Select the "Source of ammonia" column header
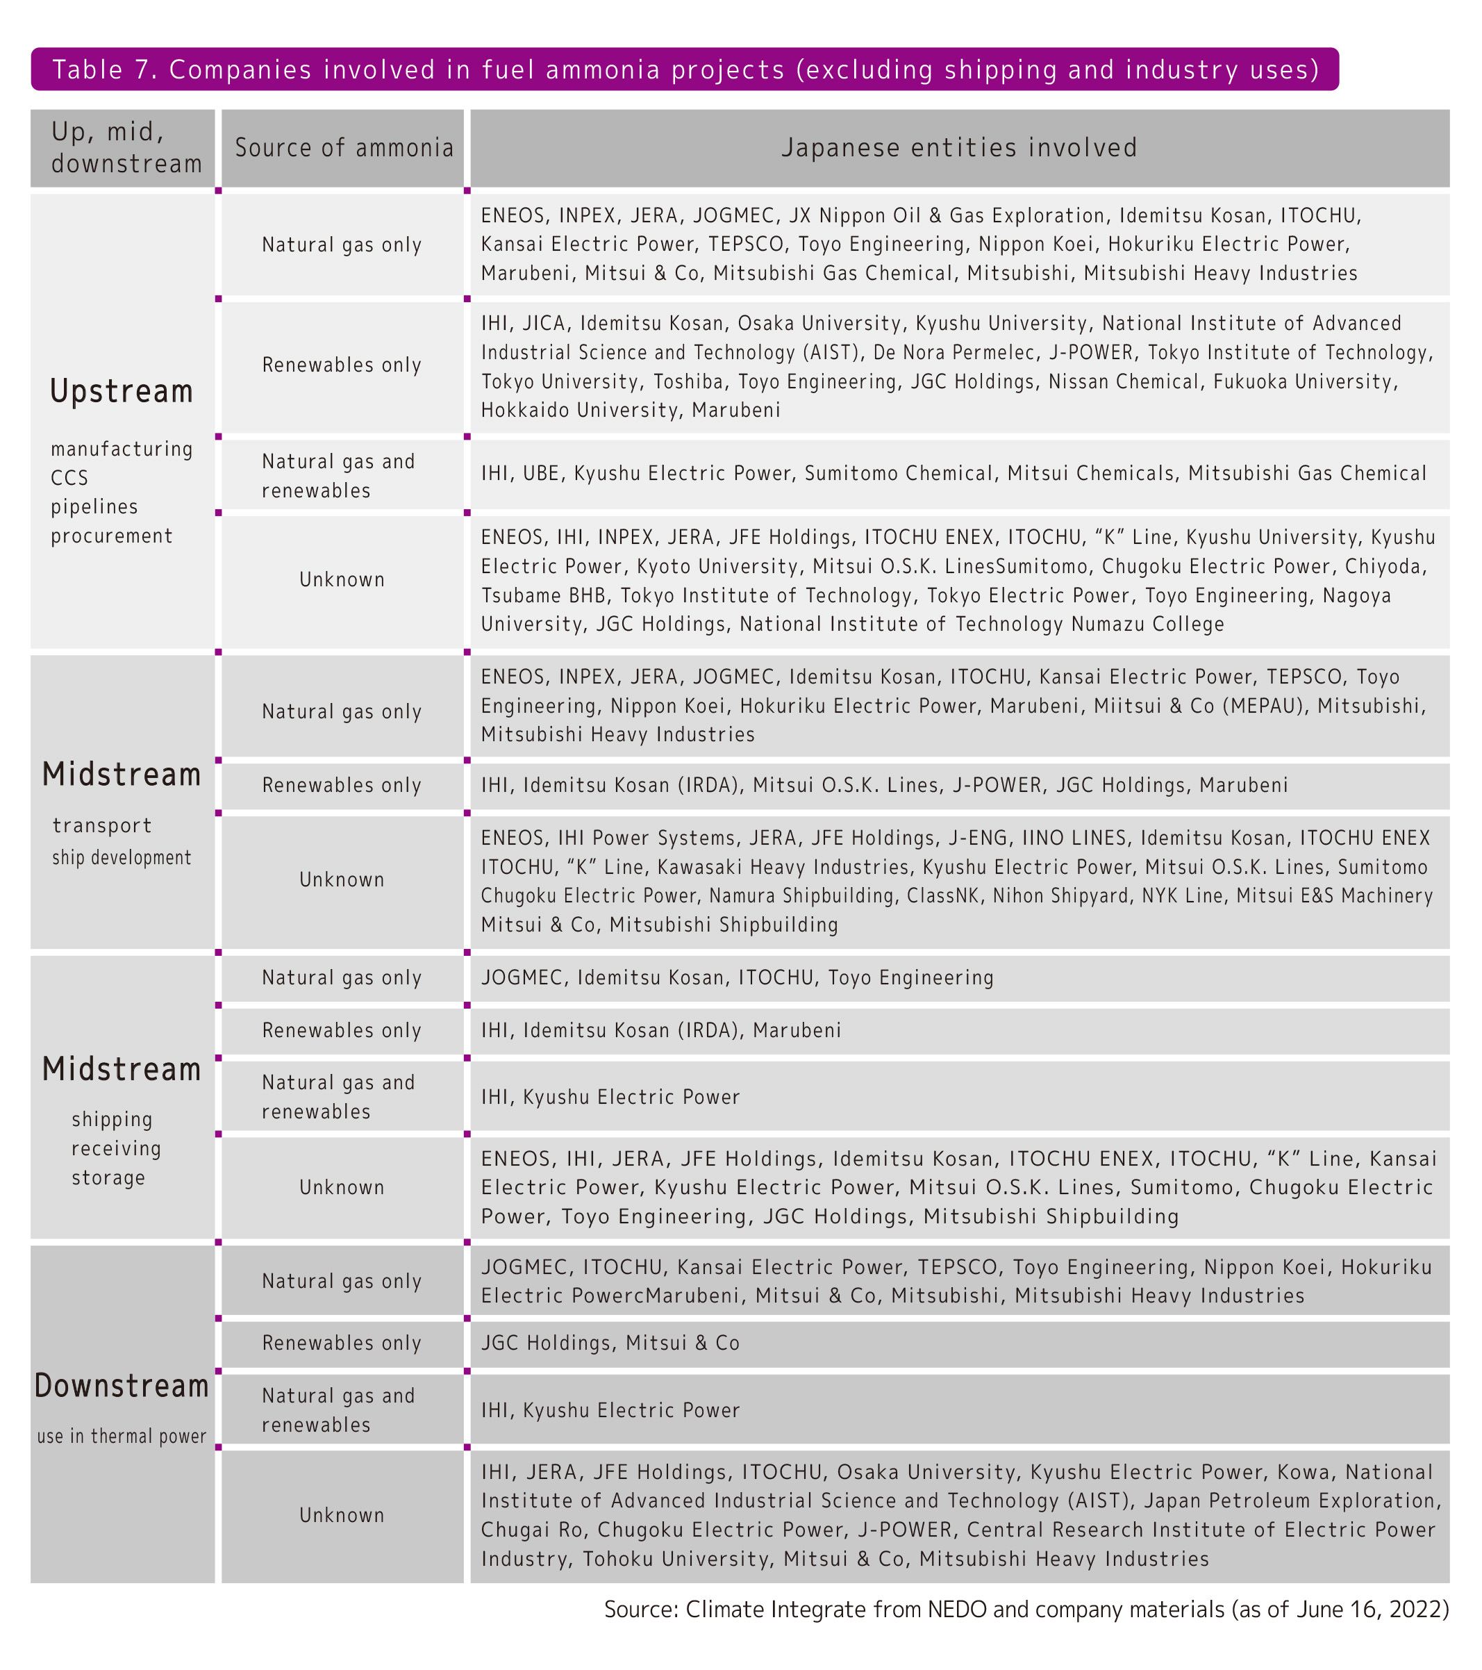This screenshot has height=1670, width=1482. click(x=343, y=148)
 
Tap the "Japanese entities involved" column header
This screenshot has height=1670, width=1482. click(x=959, y=148)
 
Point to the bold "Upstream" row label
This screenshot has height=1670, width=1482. click(x=122, y=391)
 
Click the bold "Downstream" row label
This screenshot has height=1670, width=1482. click(x=122, y=1386)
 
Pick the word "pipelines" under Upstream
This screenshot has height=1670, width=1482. click(x=94, y=506)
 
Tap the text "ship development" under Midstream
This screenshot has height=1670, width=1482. click(x=122, y=858)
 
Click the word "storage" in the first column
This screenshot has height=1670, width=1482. click(x=108, y=1177)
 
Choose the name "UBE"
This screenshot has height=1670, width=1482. click(x=541, y=473)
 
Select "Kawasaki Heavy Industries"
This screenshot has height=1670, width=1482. click(x=783, y=867)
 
